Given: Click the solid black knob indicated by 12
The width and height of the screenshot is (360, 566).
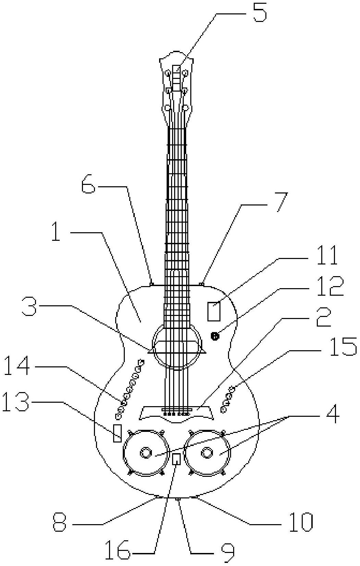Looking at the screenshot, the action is point(215,336).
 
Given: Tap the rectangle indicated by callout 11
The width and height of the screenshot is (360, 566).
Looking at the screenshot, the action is point(214,311).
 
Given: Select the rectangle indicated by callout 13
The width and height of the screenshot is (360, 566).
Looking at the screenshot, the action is point(118,433).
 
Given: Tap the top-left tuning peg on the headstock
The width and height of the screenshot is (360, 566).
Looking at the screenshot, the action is point(168,73).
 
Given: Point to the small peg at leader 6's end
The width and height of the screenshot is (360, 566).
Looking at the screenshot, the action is point(152,284).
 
